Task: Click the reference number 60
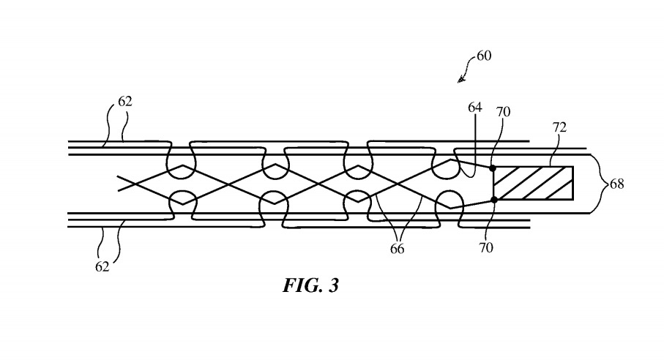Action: [x=484, y=56]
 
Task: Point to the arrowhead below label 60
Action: [x=461, y=78]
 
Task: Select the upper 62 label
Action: [x=125, y=102]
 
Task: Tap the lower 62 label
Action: [x=102, y=266]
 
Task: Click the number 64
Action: [x=476, y=108]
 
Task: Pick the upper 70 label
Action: [x=503, y=112]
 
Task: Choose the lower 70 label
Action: [x=486, y=247]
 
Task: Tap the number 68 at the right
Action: [x=617, y=184]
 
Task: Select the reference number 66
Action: [x=396, y=249]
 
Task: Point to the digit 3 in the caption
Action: [x=333, y=285]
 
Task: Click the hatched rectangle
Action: [x=533, y=183]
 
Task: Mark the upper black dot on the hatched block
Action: [x=493, y=168]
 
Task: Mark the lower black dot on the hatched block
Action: [x=494, y=199]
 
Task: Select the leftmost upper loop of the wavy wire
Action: [x=181, y=162]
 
